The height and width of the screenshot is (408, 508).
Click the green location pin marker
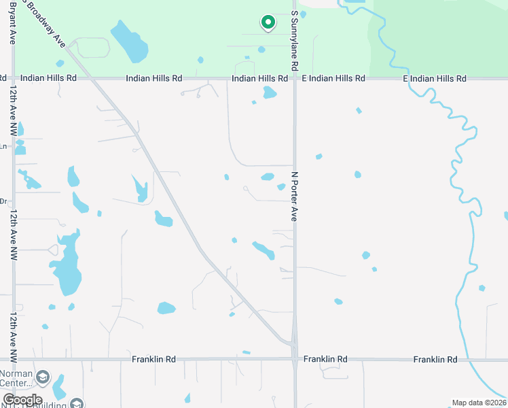[268, 23]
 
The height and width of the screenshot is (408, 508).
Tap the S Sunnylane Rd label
[295, 41]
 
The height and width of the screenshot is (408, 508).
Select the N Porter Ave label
[295, 196]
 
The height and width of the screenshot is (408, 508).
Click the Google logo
[22, 400]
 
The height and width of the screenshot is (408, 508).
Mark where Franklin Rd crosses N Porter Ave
[295, 358]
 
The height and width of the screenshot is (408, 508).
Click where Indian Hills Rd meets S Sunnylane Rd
[295, 79]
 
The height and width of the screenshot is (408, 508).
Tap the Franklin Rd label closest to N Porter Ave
[325, 358]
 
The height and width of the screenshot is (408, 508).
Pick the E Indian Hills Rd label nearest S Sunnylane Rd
[333, 79]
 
